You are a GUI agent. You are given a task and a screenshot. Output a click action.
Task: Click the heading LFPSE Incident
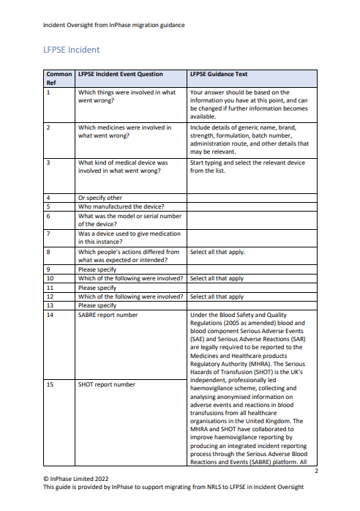(72, 50)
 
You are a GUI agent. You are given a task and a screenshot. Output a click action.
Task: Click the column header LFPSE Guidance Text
(218, 74)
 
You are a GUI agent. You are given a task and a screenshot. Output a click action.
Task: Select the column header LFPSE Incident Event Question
(120, 74)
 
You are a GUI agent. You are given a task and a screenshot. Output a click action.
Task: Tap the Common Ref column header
(59, 78)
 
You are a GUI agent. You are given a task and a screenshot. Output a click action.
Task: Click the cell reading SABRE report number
(108, 315)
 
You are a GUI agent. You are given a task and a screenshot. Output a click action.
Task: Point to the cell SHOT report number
(106, 384)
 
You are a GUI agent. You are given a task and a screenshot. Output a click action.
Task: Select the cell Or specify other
(100, 198)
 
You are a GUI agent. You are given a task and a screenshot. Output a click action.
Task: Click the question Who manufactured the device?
(121, 206)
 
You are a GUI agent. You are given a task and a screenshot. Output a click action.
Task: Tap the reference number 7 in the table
(48, 234)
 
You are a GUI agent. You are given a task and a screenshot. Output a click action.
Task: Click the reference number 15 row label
(50, 384)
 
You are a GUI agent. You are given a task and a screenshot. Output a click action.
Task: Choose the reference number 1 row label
(48, 92)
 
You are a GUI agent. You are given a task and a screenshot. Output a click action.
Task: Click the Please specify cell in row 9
(97, 269)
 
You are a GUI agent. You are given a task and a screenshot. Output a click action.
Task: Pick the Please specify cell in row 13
(97, 305)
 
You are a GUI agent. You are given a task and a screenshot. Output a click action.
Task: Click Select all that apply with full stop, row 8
(217, 252)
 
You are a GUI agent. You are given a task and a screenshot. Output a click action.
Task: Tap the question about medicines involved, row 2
(124, 131)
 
